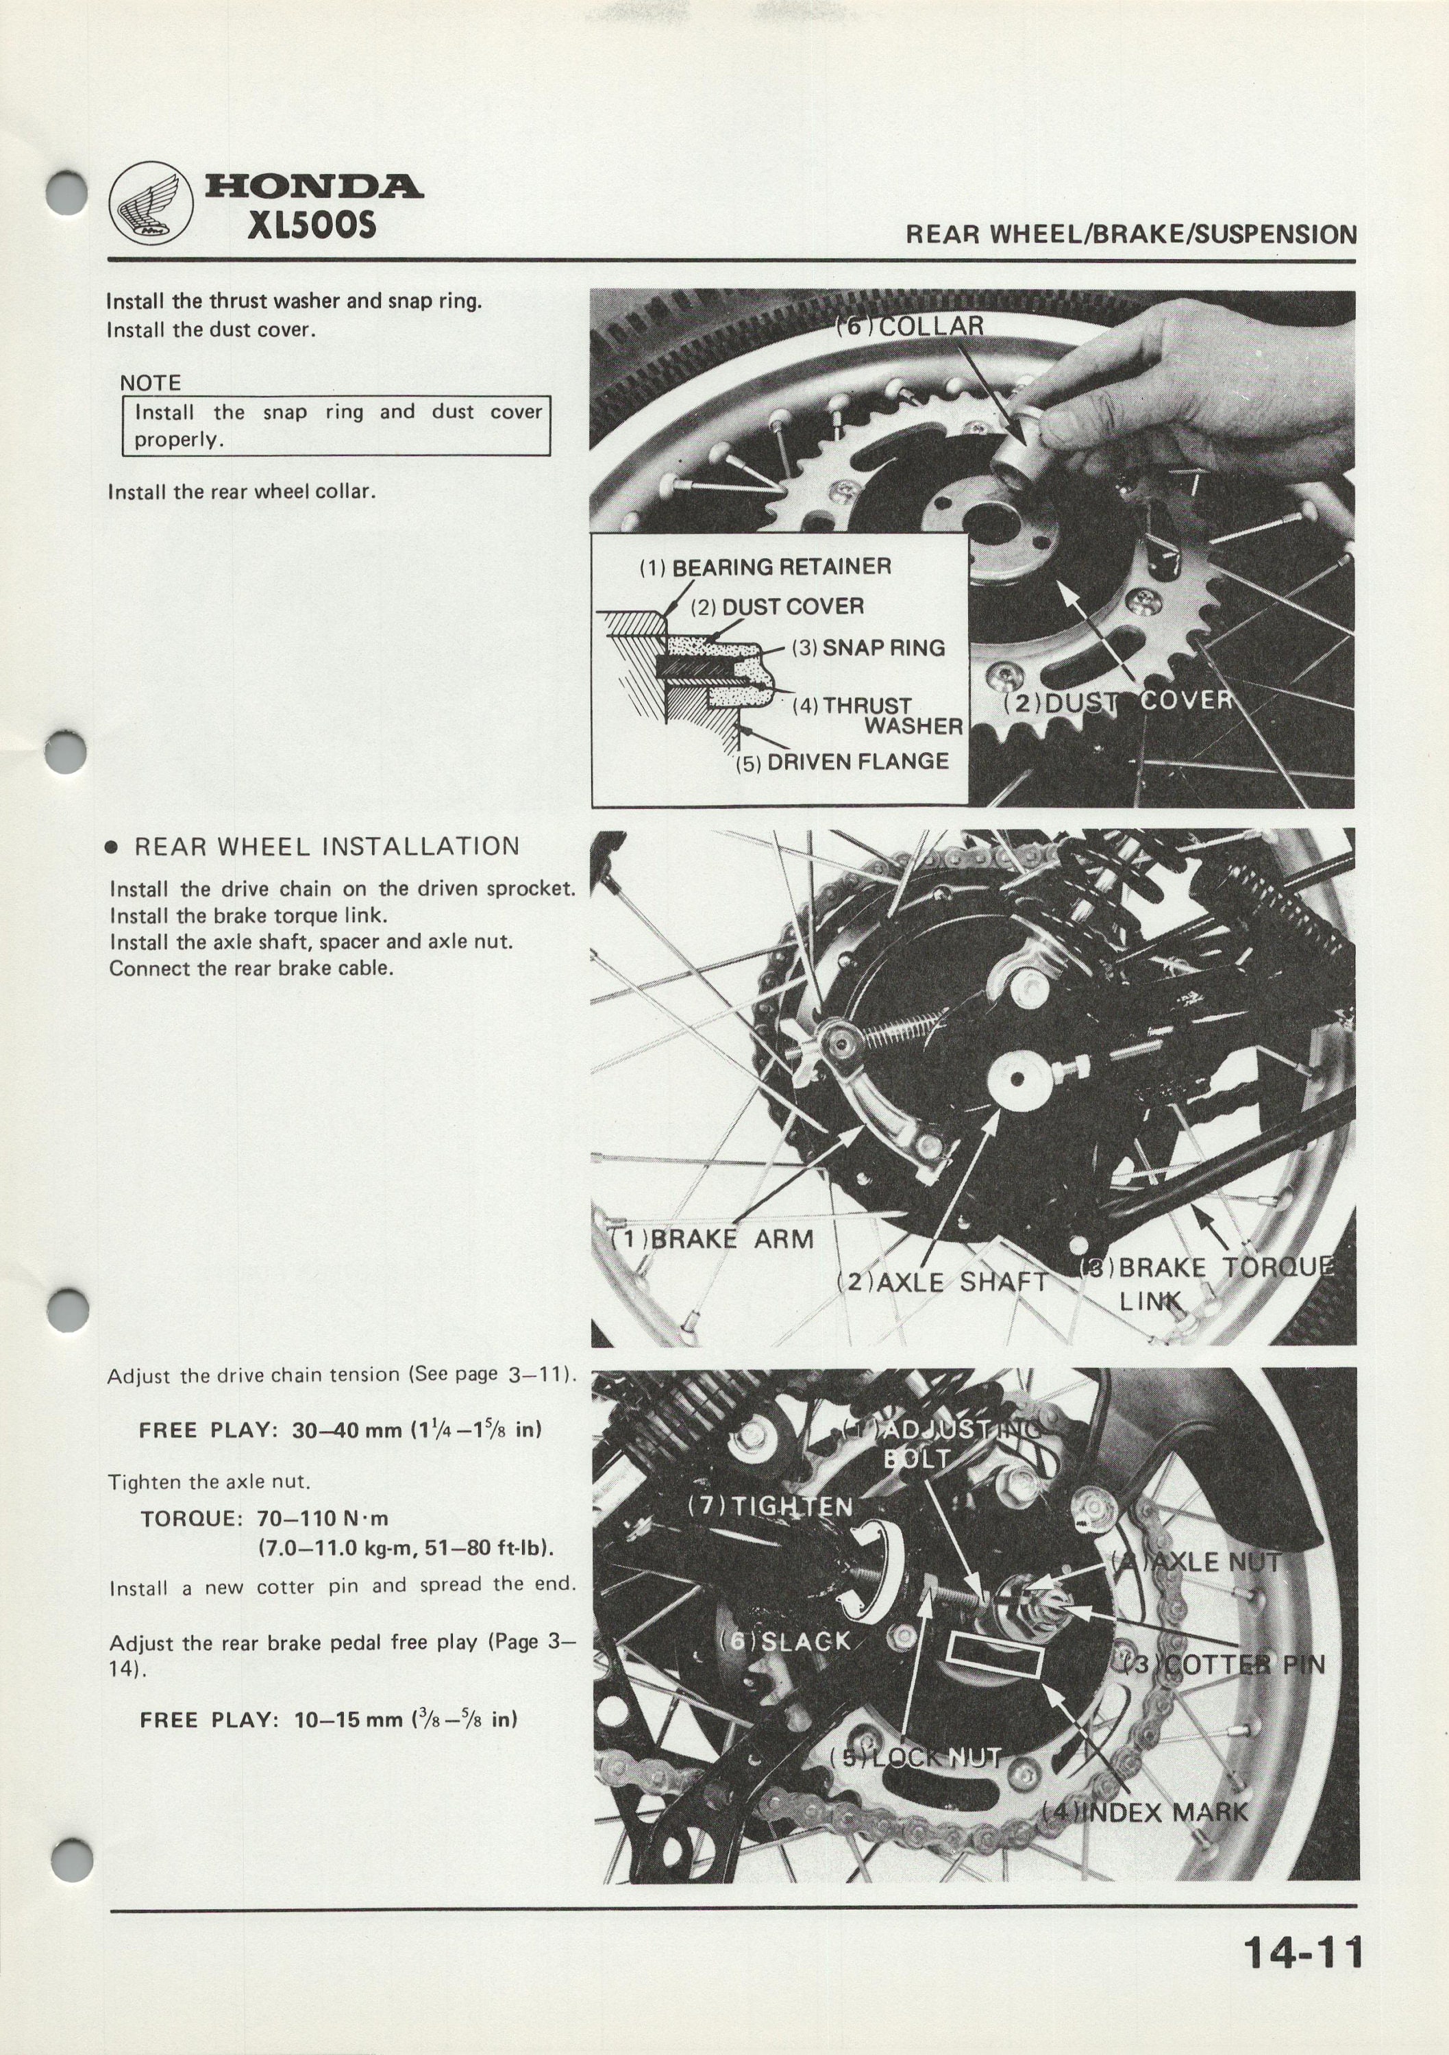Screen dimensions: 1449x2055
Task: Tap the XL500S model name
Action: click(312, 225)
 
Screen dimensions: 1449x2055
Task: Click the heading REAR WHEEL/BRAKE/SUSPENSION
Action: click(1131, 234)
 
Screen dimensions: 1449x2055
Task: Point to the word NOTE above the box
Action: click(150, 383)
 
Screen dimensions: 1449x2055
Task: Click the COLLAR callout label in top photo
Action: click(909, 326)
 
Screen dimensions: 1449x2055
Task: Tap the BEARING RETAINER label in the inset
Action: click(765, 566)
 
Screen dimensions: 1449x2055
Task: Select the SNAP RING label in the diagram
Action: click(868, 647)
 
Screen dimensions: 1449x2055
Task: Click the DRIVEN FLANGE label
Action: click(842, 762)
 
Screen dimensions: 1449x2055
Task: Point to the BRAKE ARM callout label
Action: click(712, 1240)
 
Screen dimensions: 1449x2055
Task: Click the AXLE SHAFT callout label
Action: click(941, 1282)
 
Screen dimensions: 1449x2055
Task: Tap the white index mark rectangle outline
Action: click(996, 1657)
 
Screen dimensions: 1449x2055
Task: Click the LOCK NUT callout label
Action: click(915, 1757)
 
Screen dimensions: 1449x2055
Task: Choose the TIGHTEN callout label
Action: click(769, 1507)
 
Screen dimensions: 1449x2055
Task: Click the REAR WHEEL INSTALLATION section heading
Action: click(327, 847)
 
